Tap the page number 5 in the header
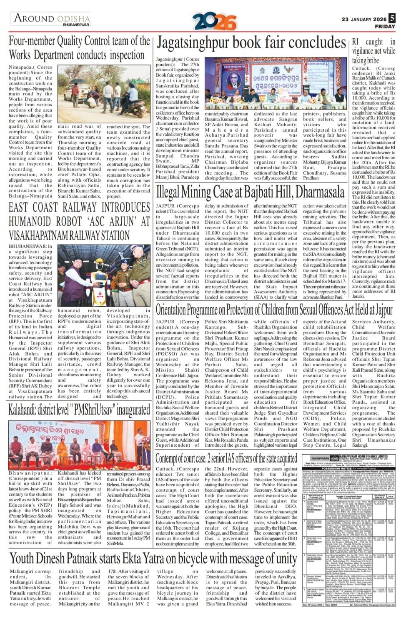pyautogui.click(x=392, y=18)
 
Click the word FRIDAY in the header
pyautogui.click(x=385, y=26)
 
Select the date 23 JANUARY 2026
pyautogui.click(x=364, y=19)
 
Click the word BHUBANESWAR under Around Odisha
pyautogui.click(x=77, y=25)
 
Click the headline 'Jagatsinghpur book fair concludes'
pyautogui.click(x=251, y=43)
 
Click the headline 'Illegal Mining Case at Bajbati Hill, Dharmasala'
pyautogui.click(x=250, y=192)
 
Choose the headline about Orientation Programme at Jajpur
pyautogui.click(x=274, y=310)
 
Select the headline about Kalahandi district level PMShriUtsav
pyautogui.click(x=79, y=410)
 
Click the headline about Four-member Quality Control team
pyautogui.click(x=79, y=48)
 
